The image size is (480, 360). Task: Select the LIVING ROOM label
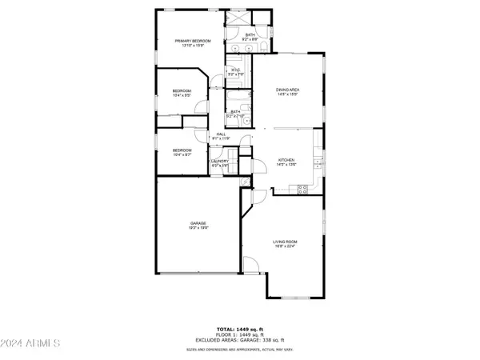(286, 243)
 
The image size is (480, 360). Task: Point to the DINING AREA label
(287, 90)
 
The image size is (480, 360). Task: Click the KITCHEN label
(286, 160)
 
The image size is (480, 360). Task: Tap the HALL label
(221, 134)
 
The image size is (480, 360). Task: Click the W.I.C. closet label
(235, 70)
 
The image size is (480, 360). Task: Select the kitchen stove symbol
(304, 189)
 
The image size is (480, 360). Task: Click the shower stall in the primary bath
(238, 19)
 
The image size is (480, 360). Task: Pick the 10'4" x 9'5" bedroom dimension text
(182, 96)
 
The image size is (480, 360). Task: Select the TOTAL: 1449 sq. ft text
(240, 330)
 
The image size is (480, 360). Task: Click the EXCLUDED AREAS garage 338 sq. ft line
(240, 341)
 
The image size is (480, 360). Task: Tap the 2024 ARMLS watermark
(32, 343)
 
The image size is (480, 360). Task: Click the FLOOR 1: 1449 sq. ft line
(240, 335)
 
